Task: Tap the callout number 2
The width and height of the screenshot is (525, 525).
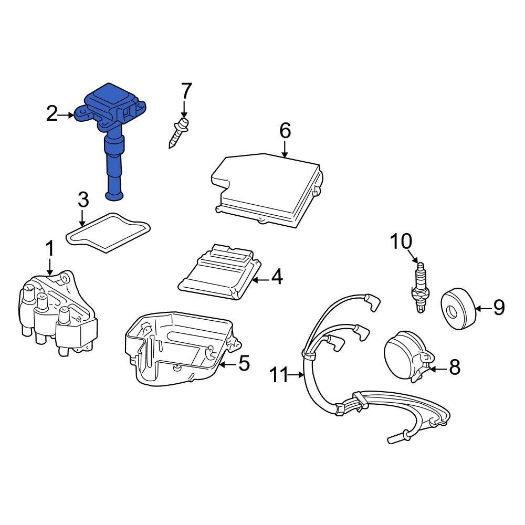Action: (51, 114)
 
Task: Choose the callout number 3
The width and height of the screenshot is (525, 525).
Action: (83, 200)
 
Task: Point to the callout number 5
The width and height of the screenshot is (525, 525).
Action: (244, 363)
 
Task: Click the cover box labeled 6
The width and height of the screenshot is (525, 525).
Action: (268, 189)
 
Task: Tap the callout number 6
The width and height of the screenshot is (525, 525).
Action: (284, 131)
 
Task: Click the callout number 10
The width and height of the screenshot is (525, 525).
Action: (401, 242)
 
